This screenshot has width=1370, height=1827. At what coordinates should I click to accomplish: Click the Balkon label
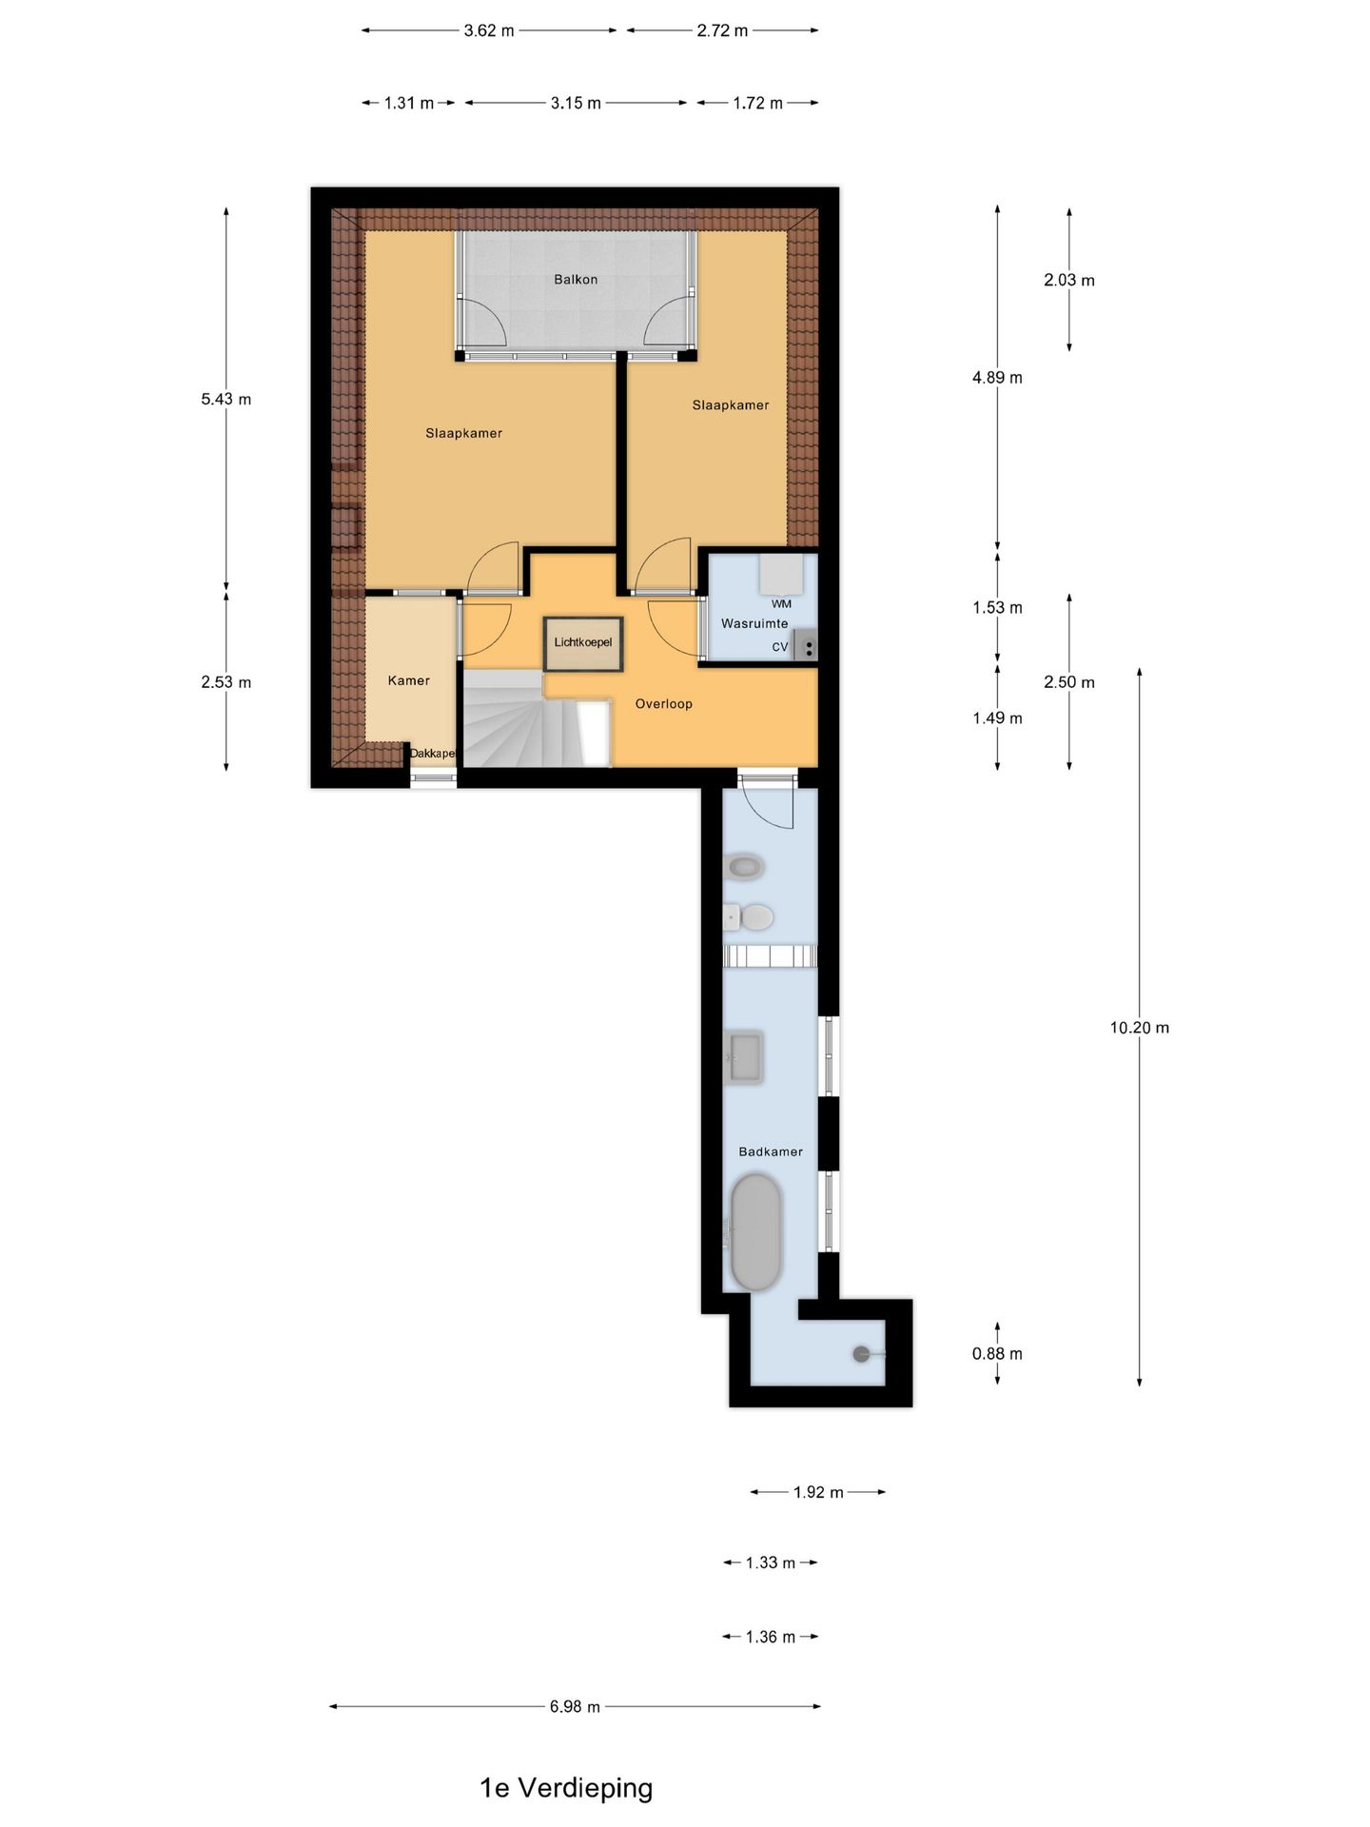[576, 280]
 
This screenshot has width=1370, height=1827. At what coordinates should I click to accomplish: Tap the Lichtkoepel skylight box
[583, 643]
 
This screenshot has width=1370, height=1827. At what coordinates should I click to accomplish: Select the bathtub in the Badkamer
[755, 1232]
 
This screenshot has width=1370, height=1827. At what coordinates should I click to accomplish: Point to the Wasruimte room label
[754, 624]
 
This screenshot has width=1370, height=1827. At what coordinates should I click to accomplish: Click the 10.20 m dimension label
[1139, 1028]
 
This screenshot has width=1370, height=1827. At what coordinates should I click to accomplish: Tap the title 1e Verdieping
[566, 1788]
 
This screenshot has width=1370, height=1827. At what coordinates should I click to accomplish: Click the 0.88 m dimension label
[997, 1354]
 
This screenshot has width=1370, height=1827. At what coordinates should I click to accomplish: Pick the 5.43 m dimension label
[226, 400]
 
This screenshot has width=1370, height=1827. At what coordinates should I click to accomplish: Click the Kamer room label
[409, 681]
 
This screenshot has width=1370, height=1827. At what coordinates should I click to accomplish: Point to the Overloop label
[664, 704]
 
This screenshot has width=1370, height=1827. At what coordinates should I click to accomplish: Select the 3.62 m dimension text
[489, 30]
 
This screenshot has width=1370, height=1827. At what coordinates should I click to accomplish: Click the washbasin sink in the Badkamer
[743, 1057]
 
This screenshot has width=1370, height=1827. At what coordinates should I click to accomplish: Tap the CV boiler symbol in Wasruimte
[805, 646]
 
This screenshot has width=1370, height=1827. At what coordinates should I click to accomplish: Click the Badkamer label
[771, 1152]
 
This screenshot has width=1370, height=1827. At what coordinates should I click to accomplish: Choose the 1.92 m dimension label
[818, 1492]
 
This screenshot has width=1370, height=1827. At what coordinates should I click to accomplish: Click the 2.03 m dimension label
[1068, 281]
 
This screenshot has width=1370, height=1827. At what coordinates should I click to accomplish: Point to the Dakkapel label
[433, 754]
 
